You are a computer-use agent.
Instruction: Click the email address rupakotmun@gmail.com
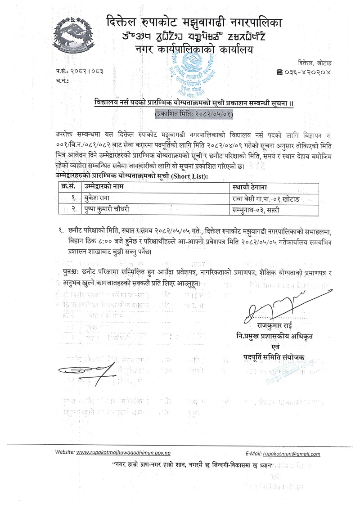(x=292, y=454)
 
